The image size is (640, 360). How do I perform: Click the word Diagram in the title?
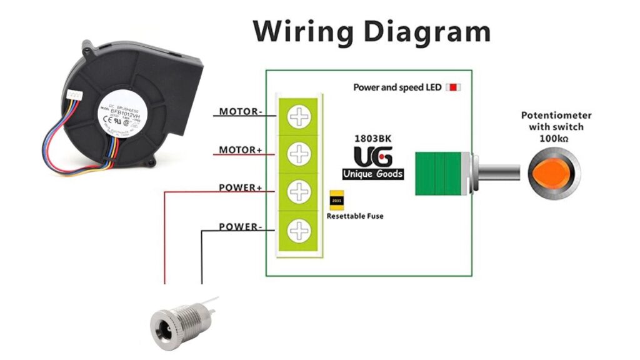click(x=427, y=31)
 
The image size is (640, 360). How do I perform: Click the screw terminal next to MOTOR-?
click(x=299, y=116)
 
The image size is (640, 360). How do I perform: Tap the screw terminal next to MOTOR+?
click(x=299, y=153)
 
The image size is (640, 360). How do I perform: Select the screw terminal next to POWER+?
click(x=299, y=192)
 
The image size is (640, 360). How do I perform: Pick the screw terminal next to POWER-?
click(x=299, y=231)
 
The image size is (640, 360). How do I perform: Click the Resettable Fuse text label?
click(x=355, y=216)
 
